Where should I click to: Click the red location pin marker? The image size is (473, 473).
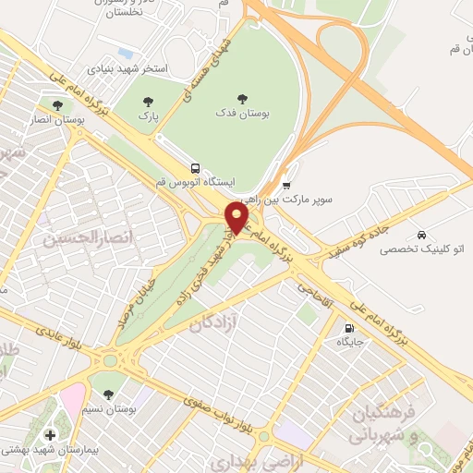[237, 218]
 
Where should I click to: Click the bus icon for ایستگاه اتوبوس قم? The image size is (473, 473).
[195, 168]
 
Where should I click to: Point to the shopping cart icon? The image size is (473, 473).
[286, 183]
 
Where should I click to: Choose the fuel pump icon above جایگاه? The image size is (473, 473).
[348, 327]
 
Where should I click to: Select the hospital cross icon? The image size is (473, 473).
[49, 434]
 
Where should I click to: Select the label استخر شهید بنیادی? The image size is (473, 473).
[127, 68]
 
